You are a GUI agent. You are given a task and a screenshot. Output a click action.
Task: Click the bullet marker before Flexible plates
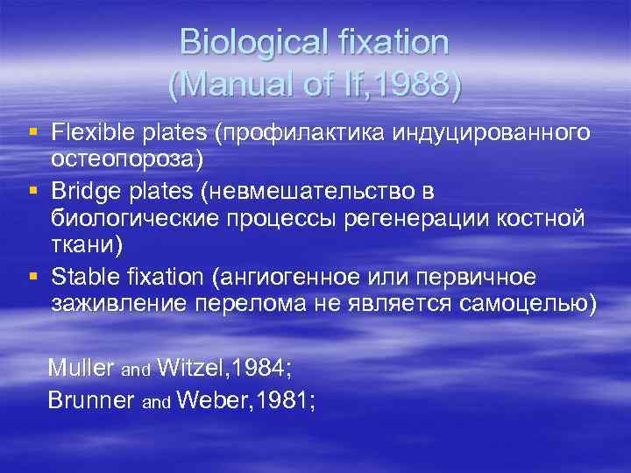tap(33, 133)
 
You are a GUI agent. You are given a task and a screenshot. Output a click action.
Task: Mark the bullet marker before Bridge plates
tap(33, 190)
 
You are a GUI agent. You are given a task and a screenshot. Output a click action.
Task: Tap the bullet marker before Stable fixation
tap(33, 276)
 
